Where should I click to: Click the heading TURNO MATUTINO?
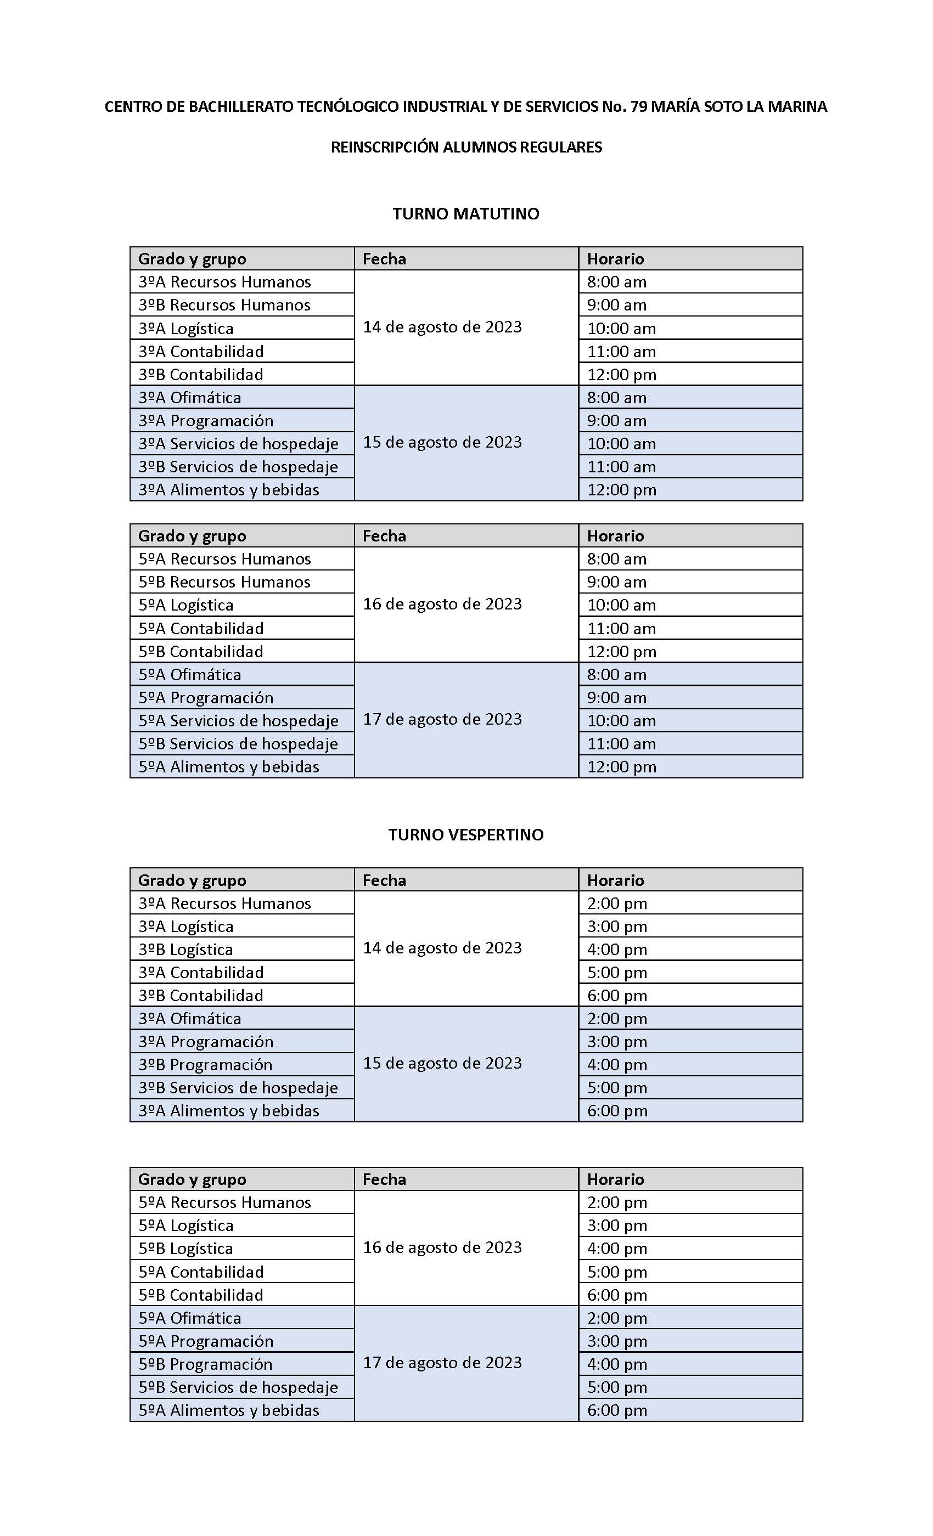[x=465, y=214]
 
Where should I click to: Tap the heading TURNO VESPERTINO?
[x=465, y=835]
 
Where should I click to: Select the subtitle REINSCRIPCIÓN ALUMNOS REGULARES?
[x=466, y=147]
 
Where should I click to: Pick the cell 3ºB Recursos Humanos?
[x=224, y=305]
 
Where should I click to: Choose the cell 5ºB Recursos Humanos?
[x=224, y=581]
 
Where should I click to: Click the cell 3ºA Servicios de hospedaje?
[x=238, y=443]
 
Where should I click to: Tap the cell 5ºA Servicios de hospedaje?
[x=238, y=721]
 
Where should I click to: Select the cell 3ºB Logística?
[x=186, y=950]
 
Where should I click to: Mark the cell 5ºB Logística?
[x=186, y=1249]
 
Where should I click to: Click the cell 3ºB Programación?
[x=205, y=1065]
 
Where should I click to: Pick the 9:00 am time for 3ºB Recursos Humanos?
[x=616, y=305]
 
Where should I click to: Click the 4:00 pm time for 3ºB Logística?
[x=617, y=950]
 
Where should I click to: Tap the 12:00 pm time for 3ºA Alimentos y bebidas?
[x=621, y=490]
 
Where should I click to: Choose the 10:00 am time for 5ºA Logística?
[x=621, y=605]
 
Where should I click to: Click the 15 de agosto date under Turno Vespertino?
[x=442, y=1063]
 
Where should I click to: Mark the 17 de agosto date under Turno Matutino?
[x=442, y=719]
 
